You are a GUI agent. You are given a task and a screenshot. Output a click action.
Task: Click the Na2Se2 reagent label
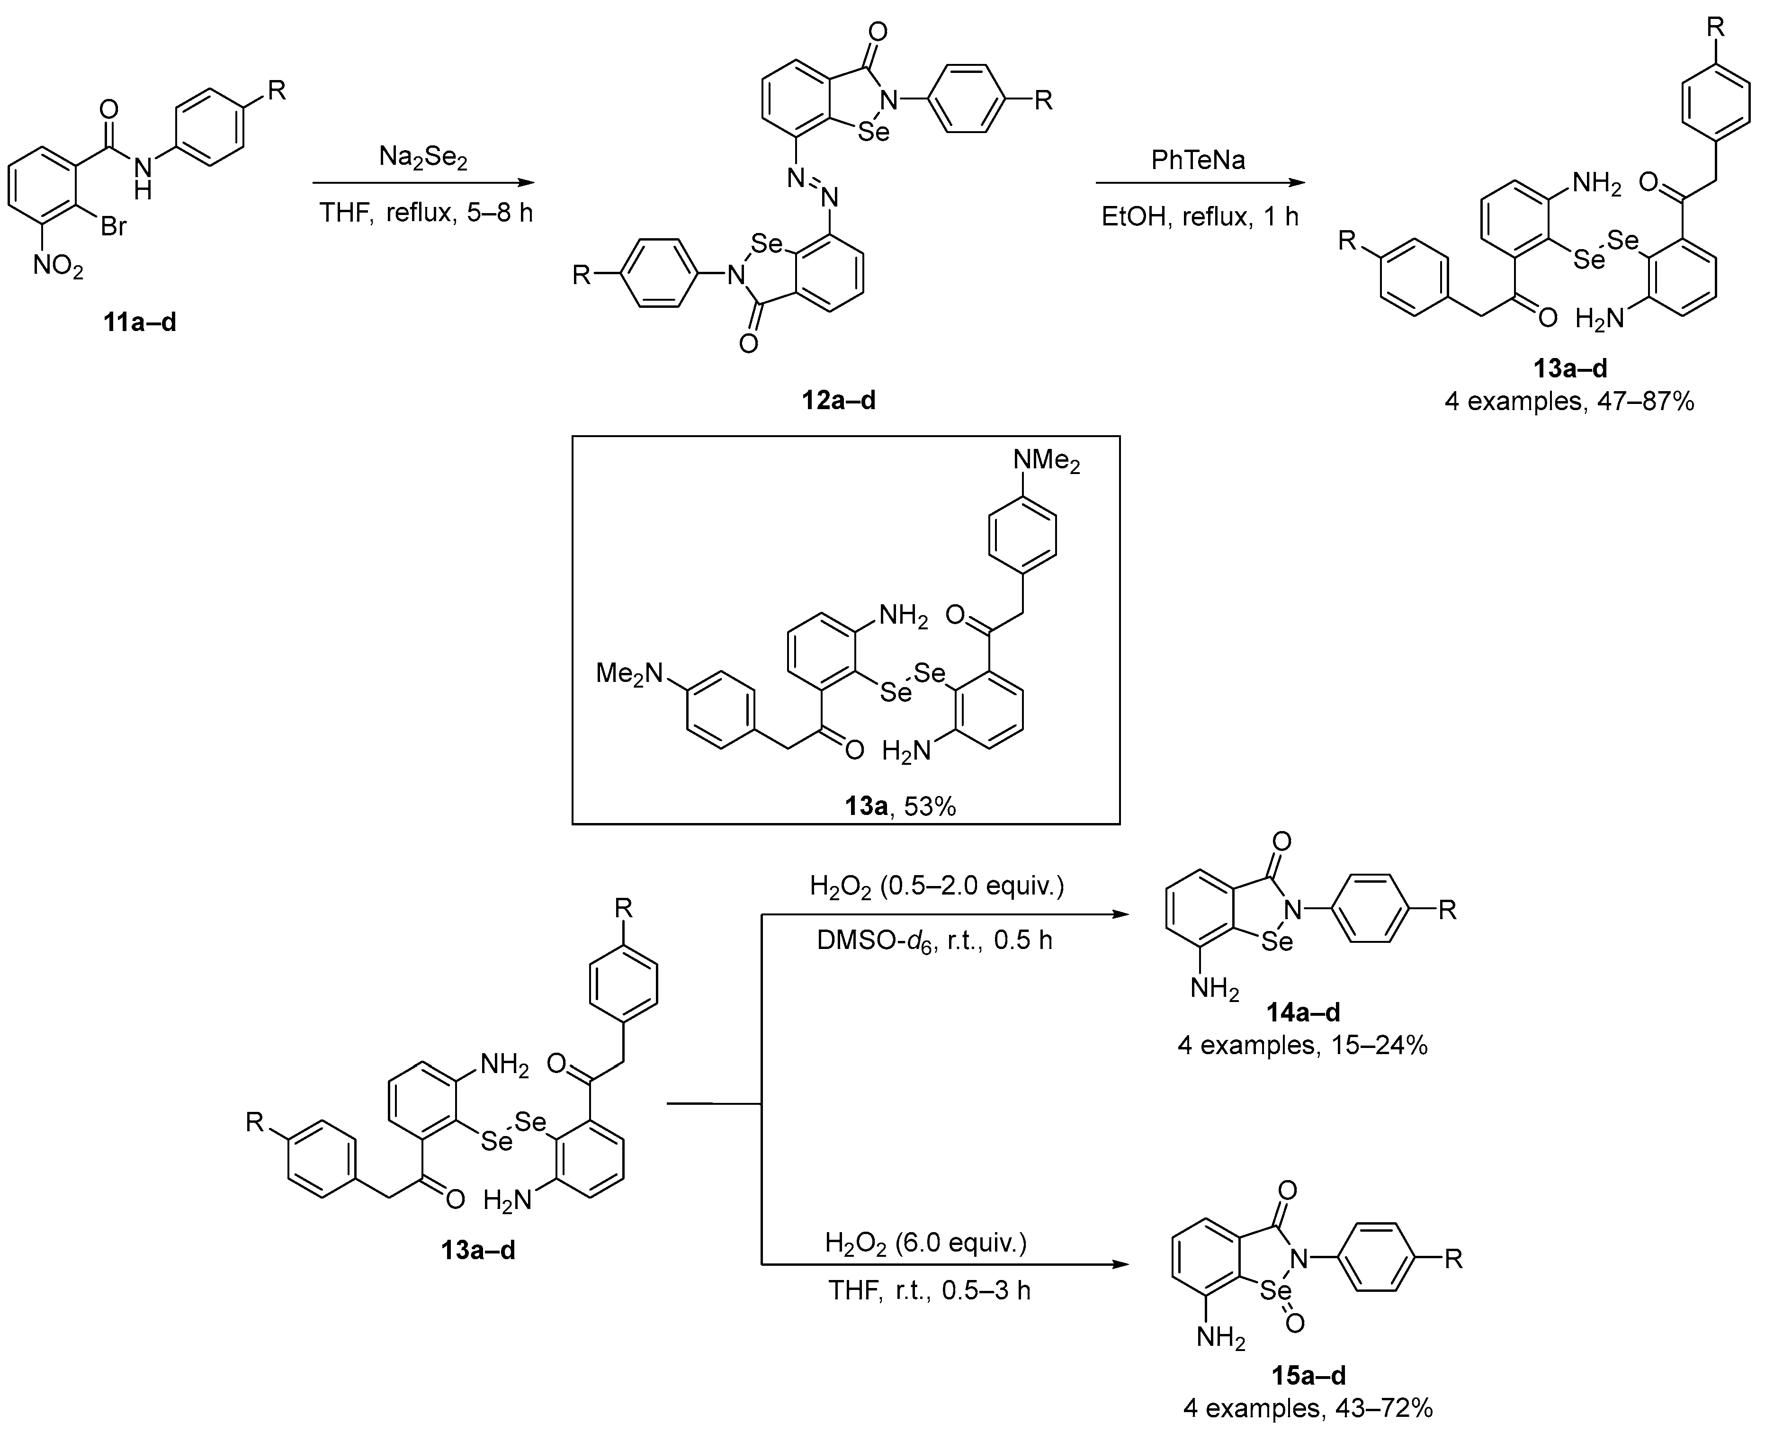click(x=422, y=157)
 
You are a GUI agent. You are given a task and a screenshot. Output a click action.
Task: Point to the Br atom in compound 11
click(x=114, y=225)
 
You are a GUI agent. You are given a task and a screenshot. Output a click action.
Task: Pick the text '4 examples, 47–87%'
click(x=1569, y=402)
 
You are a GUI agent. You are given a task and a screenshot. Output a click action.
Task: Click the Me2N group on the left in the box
click(x=629, y=674)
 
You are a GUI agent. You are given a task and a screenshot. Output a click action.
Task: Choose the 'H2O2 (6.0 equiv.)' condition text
click(x=925, y=1242)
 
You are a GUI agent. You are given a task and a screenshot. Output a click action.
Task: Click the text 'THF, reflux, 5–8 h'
click(x=426, y=213)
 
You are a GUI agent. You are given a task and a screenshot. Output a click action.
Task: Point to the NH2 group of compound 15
click(x=1221, y=1338)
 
